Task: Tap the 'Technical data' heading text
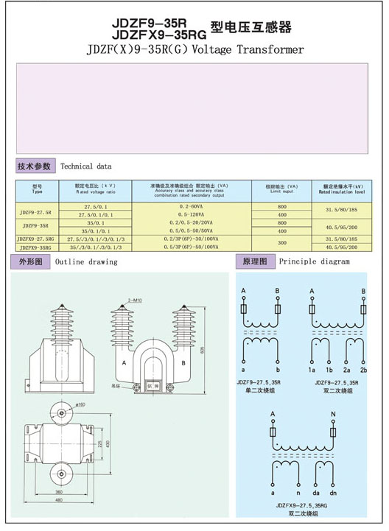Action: click(x=86, y=166)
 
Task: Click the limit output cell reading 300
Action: click(x=282, y=243)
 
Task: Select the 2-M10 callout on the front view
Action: click(x=134, y=300)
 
